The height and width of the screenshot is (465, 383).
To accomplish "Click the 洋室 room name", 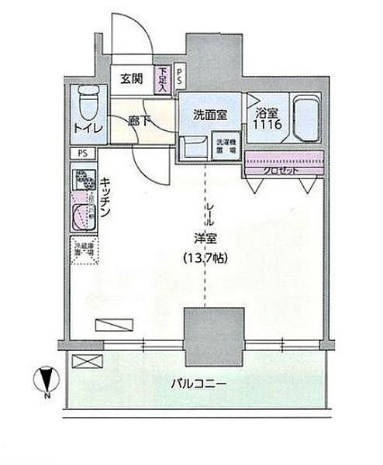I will [205, 239].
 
